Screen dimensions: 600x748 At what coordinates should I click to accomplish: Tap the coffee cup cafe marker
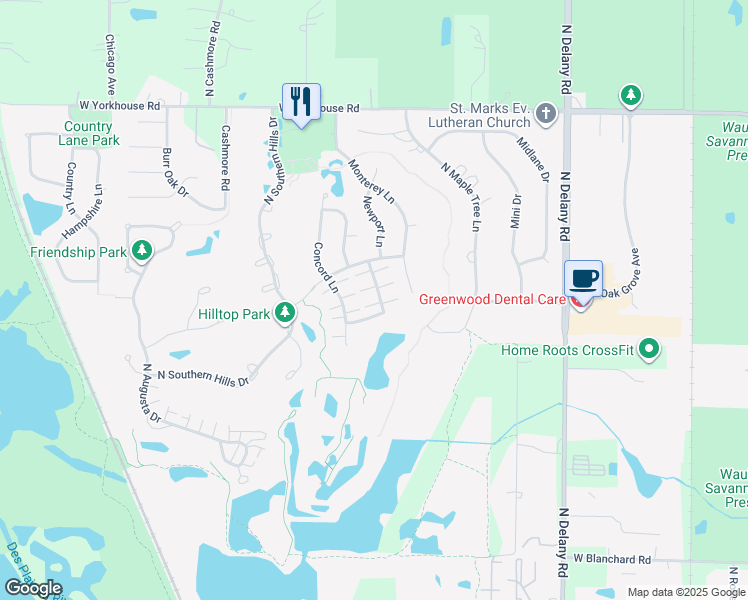coord(584,278)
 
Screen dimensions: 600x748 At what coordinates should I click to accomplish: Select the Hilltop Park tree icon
coord(285,314)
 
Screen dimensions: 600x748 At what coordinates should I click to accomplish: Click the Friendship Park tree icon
coord(142,251)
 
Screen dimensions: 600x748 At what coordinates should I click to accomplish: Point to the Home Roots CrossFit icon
coord(651,350)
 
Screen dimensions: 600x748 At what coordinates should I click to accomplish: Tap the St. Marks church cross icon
coord(546,112)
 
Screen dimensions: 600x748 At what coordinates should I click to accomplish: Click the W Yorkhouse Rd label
coord(120,104)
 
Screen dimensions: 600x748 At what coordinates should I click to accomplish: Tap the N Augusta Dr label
coord(150,393)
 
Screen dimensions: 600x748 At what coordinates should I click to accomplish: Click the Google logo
coord(33,588)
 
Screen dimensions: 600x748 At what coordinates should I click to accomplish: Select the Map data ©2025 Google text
coord(687,592)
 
